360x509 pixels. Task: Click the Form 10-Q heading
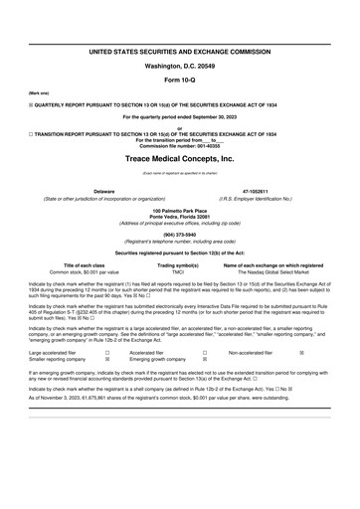click(x=179, y=80)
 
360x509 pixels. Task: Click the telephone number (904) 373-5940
click(x=179, y=236)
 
